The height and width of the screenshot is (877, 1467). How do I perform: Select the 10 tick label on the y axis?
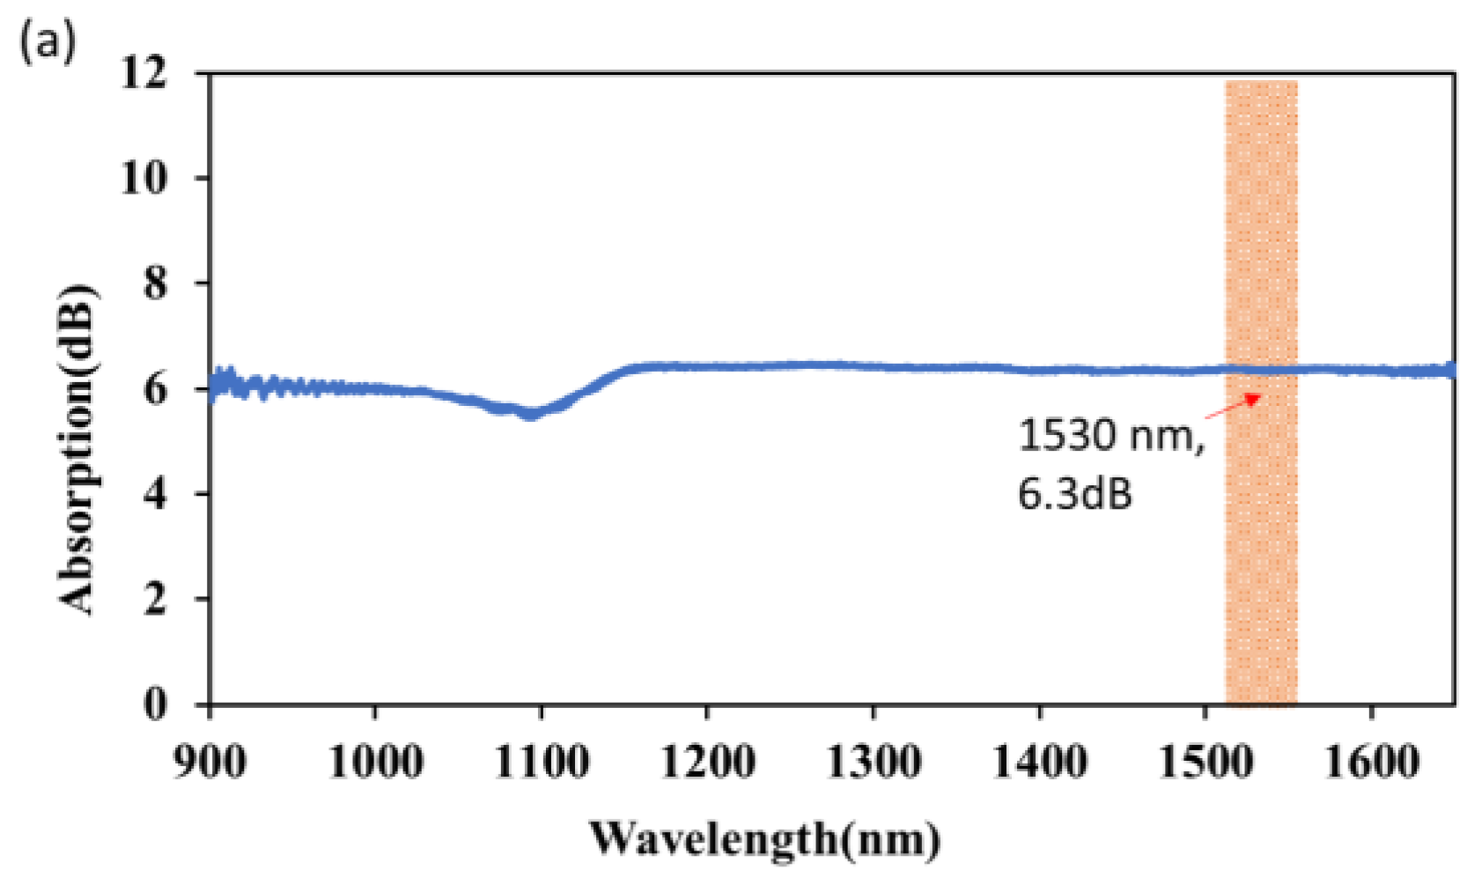(x=144, y=178)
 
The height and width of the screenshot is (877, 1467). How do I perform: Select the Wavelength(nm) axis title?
(x=764, y=838)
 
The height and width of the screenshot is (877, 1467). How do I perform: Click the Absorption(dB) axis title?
(x=77, y=449)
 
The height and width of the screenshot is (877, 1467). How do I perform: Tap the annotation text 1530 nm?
(x=1110, y=435)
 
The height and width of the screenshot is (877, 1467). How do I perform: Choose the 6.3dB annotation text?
(x=1075, y=493)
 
